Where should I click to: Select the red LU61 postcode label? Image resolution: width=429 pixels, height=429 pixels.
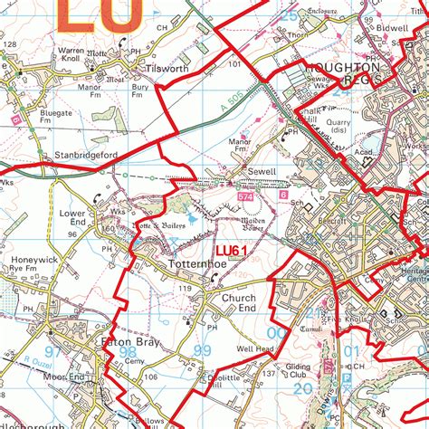[x=231, y=251]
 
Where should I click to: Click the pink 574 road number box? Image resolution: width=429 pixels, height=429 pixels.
[x=245, y=195]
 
